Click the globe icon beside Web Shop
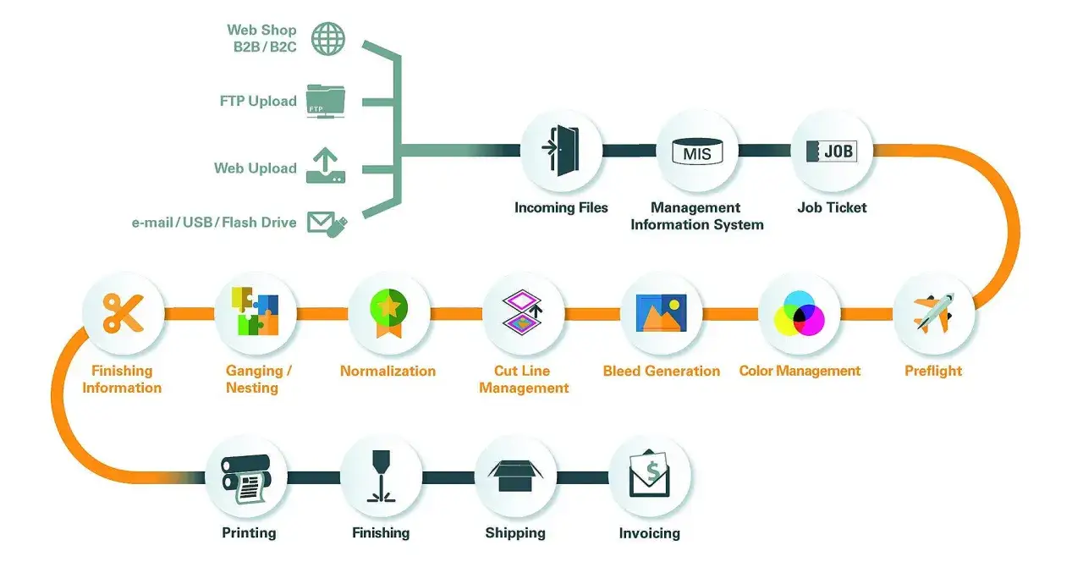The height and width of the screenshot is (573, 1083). coord(327,38)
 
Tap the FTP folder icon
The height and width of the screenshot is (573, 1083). coord(326,101)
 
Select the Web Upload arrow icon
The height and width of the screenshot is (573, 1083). coord(326,166)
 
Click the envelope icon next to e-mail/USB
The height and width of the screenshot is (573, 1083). coord(327,224)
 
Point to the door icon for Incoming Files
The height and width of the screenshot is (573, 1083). coord(561,151)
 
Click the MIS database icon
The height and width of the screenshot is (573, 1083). coord(697,152)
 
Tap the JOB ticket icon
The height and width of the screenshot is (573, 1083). coord(832,152)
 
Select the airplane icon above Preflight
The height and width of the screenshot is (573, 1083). coord(933,313)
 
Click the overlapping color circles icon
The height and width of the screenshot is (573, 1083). coord(800,313)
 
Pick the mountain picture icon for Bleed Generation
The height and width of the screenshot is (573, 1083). coord(661,313)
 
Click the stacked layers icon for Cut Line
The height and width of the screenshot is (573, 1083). coord(523,312)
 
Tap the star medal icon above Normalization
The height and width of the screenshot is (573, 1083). coord(388,312)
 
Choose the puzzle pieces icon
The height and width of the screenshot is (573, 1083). coord(255,311)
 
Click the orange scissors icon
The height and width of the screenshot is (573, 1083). coord(124,313)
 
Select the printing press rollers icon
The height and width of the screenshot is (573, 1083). coord(246,479)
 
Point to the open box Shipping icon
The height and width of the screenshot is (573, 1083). coord(515,476)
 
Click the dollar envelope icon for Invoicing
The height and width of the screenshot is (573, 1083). coord(649,473)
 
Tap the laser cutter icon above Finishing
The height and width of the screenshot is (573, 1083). coord(381,477)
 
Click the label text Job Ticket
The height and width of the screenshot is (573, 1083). coord(832,207)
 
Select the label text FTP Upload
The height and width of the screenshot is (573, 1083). coord(258,101)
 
